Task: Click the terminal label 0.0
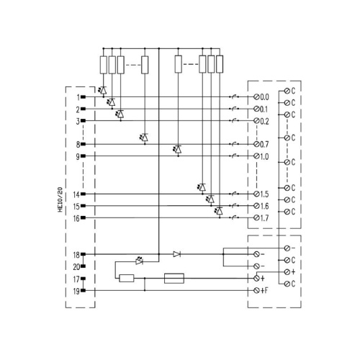coord(264,97)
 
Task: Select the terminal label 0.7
coord(264,145)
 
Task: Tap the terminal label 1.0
coord(264,157)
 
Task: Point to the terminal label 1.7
coord(264,218)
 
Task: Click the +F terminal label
coord(264,291)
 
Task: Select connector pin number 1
coord(78,97)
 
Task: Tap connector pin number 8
coord(78,145)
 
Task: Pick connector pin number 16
coord(76,218)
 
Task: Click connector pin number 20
coord(76,266)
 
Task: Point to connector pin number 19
coord(76,291)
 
